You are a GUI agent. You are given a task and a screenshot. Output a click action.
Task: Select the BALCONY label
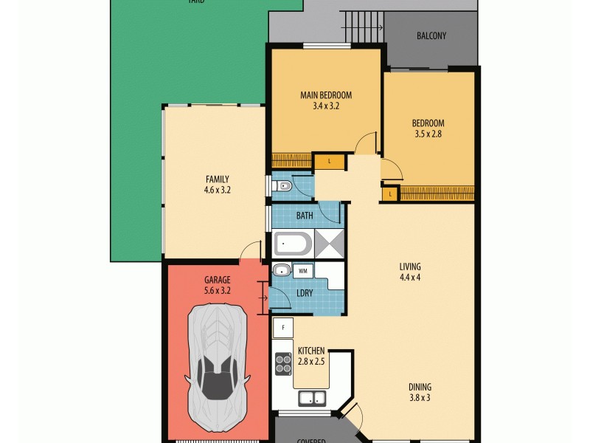[x=431, y=36]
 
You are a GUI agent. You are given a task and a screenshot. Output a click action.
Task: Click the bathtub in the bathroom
[x=294, y=244]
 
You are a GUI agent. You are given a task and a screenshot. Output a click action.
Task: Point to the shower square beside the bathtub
[x=330, y=243]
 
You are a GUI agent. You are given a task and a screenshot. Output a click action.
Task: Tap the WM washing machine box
[x=303, y=271]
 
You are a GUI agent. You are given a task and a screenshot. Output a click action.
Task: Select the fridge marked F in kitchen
[x=282, y=327]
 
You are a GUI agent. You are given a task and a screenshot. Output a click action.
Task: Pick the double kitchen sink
[x=313, y=399]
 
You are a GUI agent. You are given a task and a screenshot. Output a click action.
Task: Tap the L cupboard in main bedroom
[x=329, y=160]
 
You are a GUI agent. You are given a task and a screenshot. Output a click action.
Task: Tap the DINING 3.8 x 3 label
[x=420, y=392]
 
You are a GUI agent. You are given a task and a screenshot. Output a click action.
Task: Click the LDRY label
[x=304, y=293]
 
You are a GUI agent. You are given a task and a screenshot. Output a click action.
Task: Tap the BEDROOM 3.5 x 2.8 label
[x=428, y=128]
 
